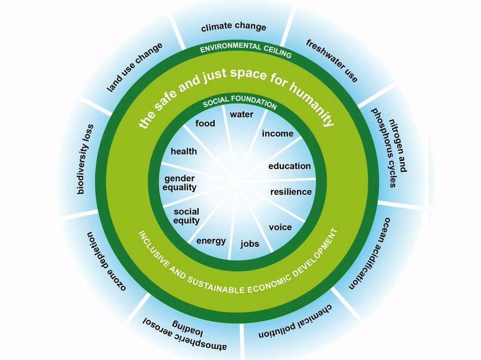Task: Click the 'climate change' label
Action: pyautogui.click(x=233, y=27)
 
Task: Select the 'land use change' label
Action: pyautogui.click(x=135, y=67)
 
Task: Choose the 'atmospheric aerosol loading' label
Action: pyautogui.click(x=185, y=331)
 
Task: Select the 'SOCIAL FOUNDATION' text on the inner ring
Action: pyautogui.click(x=240, y=104)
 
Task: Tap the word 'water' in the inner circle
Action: pyautogui.click(x=241, y=114)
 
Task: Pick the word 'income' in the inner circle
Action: pyautogui.click(x=277, y=133)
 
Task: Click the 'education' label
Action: pyautogui.click(x=289, y=166)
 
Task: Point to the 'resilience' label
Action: pyautogui.click(x=291, y=192)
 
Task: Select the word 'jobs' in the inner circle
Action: pyautogui.click(x=250, y=244)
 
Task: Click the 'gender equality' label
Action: pyautogui.click(x=180, y=183)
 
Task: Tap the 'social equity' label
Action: pyautogui.click(x=187, y=216)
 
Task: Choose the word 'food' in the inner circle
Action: pyautogui.click(x=205, y=123)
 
